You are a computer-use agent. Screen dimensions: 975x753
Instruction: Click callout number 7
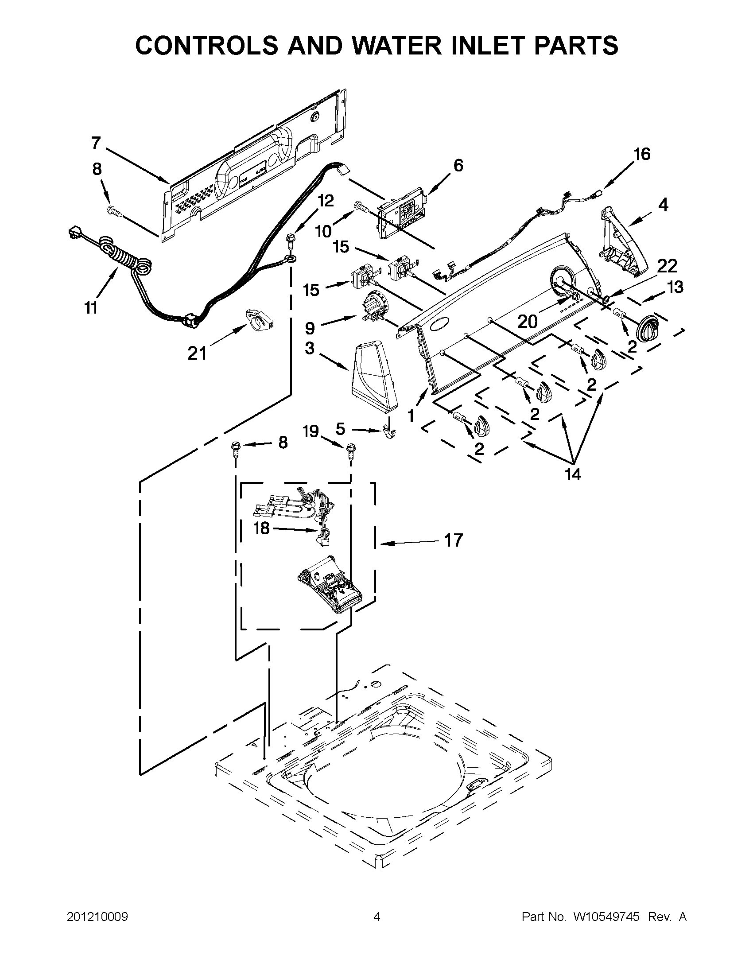pos(96,143)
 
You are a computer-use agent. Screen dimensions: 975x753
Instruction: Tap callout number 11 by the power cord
pos(91,307)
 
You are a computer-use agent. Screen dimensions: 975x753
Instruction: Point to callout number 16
pos(642,154)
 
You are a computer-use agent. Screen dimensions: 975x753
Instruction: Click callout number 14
pos(573,474)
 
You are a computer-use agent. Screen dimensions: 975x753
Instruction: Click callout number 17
pos(454,540)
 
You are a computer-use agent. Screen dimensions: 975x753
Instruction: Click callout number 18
pos(262,528)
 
